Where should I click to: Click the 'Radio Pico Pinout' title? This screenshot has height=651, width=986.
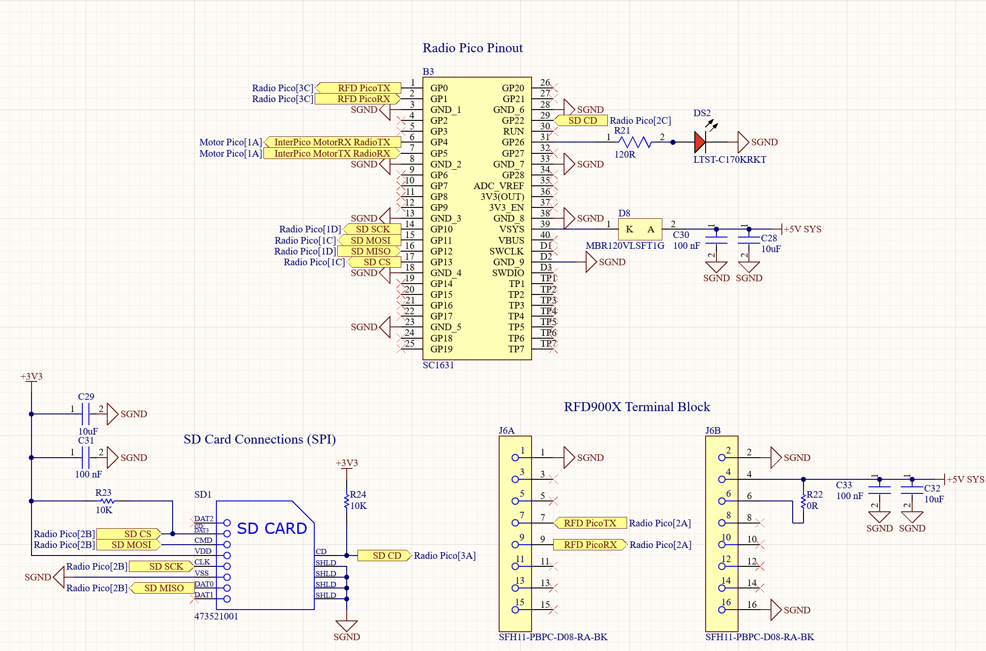click(x=472, y=48)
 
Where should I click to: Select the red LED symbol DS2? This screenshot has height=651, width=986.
click(x=700, y=142)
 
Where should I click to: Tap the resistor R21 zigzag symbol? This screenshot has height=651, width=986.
click(x=635, y=142)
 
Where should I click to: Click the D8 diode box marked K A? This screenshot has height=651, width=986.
click(x=640, y=229)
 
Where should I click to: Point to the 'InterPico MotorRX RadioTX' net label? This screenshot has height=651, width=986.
click(x=332, y=142)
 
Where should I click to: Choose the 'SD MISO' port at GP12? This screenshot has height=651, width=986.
click(x=370, y=251)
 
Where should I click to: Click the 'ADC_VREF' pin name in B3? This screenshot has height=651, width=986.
click(x=498, y=186)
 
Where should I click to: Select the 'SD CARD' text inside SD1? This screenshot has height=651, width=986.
click(x=271, y=528)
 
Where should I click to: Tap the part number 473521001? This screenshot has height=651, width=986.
click(x=216, y=616)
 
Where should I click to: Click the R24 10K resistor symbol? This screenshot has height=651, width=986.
click(x=347, y=500)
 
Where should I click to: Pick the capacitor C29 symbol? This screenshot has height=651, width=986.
click(x=86, y=414)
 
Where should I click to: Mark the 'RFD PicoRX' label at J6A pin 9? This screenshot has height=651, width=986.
click(x=590, y=545)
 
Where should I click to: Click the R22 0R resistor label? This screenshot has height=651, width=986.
click(x=814, y=500)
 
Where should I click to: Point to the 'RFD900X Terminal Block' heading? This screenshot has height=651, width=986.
click(x=636, y=407)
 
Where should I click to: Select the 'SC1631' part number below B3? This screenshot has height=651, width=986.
click(x=438, y=365)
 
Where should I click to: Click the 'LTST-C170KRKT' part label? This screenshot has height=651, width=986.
click(x=729, y=159)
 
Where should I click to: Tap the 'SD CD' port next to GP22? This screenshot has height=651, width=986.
click(x=582, y=120)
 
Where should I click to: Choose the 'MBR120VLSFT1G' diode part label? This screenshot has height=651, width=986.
click(x=625, y=246)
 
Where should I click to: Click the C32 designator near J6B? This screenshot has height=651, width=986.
click(x=932, y=488)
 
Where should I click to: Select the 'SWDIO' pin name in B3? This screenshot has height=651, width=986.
click(x=508, y=273)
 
